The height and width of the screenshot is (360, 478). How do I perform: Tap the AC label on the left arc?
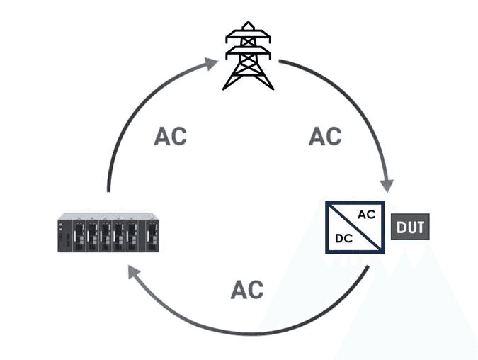pyautogui.click(x=170, y=136)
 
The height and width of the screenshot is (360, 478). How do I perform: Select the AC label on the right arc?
pyautogui.click(x=325, y=136)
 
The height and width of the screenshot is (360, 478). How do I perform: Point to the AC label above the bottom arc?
pyautogui.click(x=246, y=289)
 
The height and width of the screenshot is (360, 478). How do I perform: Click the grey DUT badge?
pyautogui.click(x=411, y=228)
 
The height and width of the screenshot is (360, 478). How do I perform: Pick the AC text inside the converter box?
pyautogui.click(x=366, y=215)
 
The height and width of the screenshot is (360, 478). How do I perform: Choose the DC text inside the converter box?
pyautogui.click(x=343, y=239)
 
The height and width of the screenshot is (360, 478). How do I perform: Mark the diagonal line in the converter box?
pyautogui.click(x=355, y=227)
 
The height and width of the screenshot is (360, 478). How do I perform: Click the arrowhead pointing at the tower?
pyautogui.click(x=210, y=64)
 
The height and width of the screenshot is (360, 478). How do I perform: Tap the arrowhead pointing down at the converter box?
pyautogui.click(x=387, y=185)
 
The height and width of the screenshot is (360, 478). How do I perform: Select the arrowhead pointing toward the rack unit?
pyautogui.click(x=132, y=270)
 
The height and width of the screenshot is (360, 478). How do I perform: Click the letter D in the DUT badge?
pyautogui.click(x=401, y=228)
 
